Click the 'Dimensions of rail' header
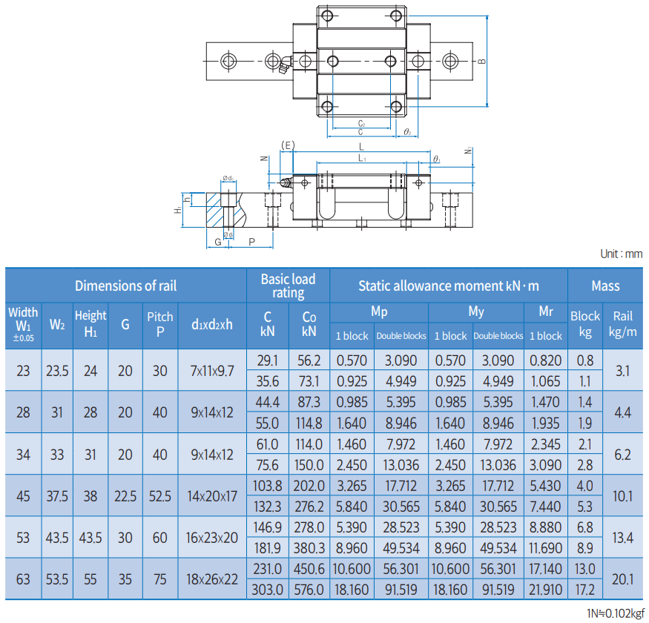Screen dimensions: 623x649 coord(125,286)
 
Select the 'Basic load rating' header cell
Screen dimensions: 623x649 coord(288,286)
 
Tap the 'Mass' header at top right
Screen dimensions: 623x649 coord(605,286)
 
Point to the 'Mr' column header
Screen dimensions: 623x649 coord(546,311)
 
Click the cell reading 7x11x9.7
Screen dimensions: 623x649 coord(212,370)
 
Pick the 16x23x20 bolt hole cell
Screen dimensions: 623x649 coord(212,537)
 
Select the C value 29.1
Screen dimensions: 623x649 coord(267,360)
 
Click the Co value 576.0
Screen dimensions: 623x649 coord(309,590)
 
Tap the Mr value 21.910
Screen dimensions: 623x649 coord(546,590)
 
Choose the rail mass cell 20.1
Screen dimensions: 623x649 coord(623,579)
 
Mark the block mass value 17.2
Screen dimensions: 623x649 coord(585,590)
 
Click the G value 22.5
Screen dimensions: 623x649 coord(125,495)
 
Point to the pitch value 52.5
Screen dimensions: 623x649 coord(160,495)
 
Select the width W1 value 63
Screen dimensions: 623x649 coord(23,579)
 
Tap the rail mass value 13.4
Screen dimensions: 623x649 coord(623,537)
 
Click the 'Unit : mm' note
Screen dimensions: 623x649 coord(621,254)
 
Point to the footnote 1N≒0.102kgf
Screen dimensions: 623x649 coord(615,613)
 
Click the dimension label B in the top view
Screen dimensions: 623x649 coord(482,62)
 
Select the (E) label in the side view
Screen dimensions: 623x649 coord(288,145)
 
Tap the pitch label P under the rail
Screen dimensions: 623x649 coord(251,242)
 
